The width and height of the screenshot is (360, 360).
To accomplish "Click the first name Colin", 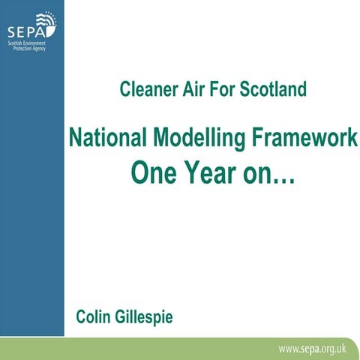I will tap(94, 316).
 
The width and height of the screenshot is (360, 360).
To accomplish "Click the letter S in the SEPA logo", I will tap(11, 33).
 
